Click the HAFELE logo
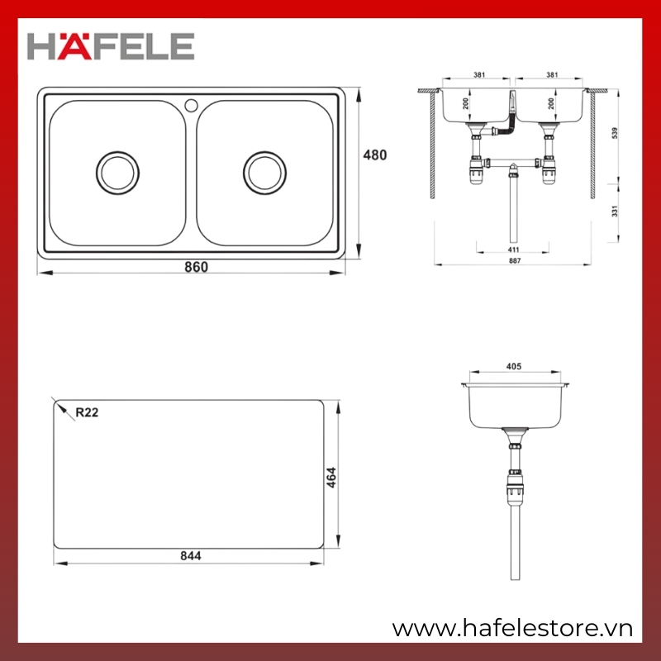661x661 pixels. click(111, 46)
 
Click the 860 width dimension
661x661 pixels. click(196, 267)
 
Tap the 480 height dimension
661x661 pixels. click(375, 155)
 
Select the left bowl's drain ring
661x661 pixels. click(117, 173)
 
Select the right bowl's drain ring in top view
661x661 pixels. click(264, 173)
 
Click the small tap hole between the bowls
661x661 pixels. click(191, 106)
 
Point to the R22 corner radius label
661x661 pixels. click(87, 412)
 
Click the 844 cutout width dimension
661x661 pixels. click(191, 556)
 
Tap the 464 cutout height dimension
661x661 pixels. click(331, 478)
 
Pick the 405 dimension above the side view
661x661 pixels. click(513, 366)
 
